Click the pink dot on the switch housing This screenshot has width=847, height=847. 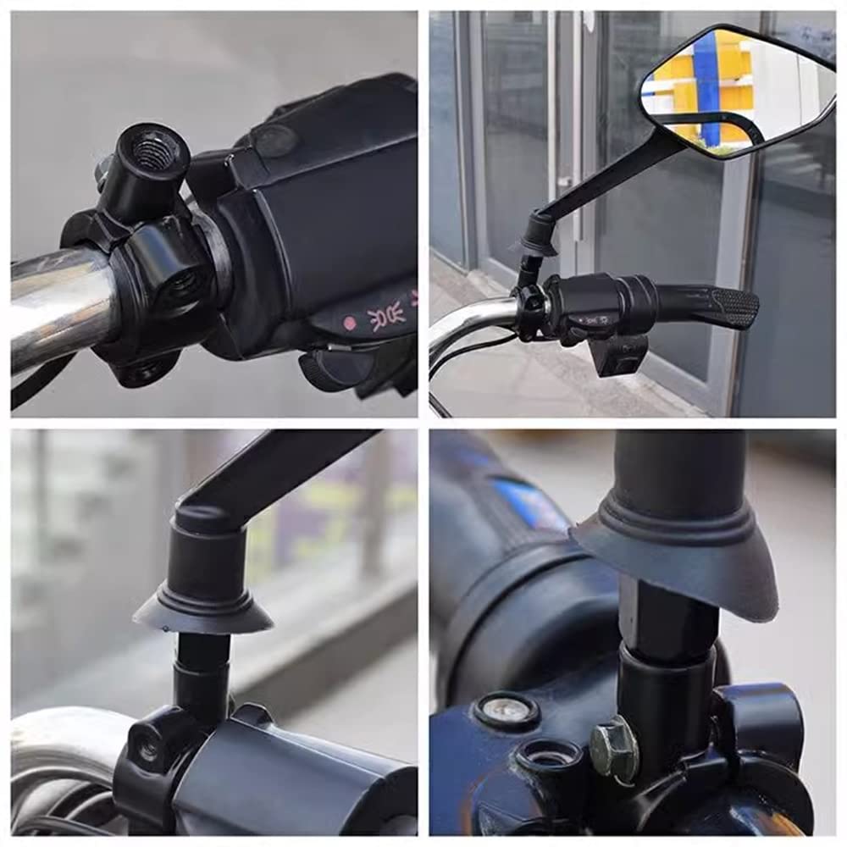click(x=349, y=323)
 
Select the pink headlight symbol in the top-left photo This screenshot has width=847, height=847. click(x=386, y=319)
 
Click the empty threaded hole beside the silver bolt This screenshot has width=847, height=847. click(x=547, y=759)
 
